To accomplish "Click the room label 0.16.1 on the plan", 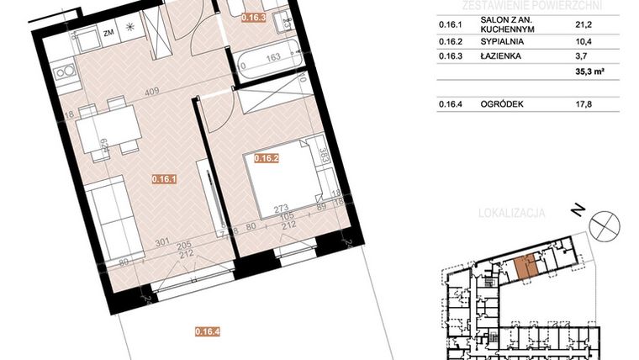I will tap(163, 178).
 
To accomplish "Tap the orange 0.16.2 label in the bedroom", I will tap(267, 156).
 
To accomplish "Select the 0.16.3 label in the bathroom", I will tap(253, 17).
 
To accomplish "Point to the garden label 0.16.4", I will tap(208, 331).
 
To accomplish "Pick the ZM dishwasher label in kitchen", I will tap(108, 34).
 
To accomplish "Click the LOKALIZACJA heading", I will tap(510, 214).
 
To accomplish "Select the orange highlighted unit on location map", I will tap(525, 267).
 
